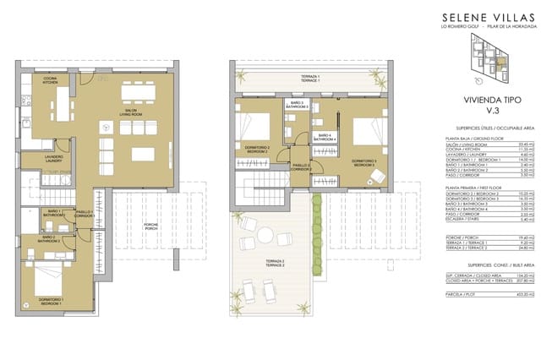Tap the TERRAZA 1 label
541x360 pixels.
pos(310,79)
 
